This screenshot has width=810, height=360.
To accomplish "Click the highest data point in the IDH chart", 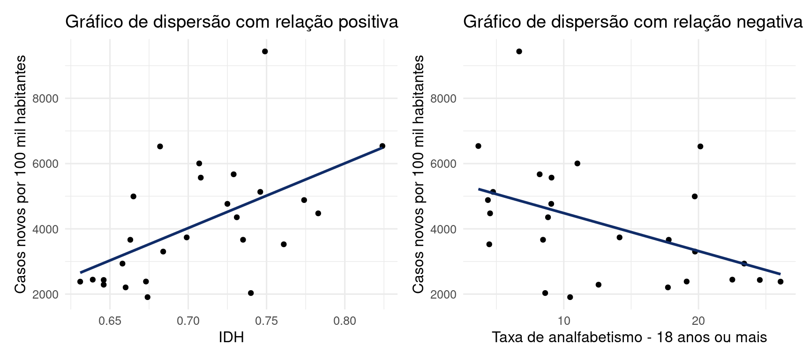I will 265,52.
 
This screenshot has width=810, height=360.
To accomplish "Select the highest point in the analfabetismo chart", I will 519,52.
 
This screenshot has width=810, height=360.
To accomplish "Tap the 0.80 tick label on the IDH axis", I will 345,322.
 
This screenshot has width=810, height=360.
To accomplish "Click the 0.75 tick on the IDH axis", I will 266,322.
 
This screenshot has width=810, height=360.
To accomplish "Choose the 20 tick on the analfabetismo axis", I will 698,322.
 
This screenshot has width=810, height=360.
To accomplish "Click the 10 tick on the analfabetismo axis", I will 564,322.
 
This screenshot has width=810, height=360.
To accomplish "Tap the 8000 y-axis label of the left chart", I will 45,98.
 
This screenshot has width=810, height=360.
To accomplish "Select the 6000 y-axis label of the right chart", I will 443,164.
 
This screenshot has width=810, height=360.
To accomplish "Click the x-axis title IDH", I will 231,337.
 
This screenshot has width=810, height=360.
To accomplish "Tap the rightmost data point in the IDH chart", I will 382,146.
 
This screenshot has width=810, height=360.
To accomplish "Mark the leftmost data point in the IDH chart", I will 80,282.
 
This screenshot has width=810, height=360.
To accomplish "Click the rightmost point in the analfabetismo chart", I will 780,282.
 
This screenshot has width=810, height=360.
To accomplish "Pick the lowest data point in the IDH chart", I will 148,297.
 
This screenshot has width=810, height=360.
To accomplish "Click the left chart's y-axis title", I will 20,174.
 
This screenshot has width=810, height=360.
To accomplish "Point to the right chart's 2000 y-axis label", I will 443,295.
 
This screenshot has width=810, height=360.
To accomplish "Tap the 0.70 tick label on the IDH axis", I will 188,322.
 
